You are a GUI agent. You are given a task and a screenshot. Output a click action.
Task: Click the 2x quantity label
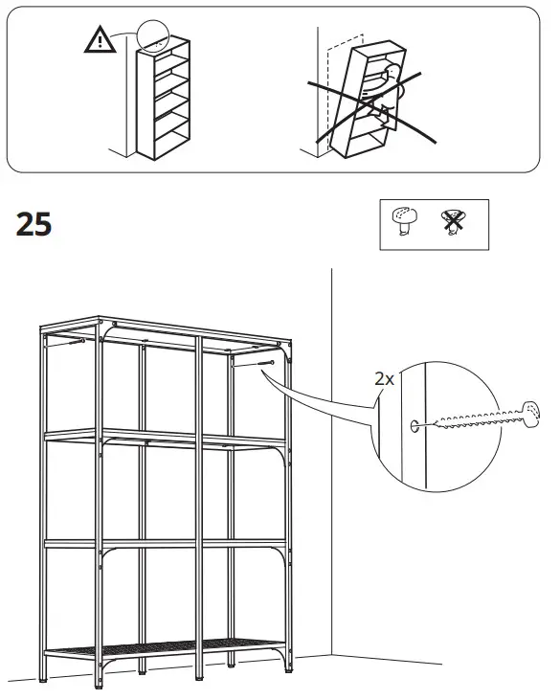pyautogui.click(x=384, y=378)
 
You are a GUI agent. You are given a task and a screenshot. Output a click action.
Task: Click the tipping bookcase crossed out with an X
pyautogui.click(x=369, y=96)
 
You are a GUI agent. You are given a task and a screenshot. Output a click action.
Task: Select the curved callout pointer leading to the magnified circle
pyautogui.click(x=325, y=402)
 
